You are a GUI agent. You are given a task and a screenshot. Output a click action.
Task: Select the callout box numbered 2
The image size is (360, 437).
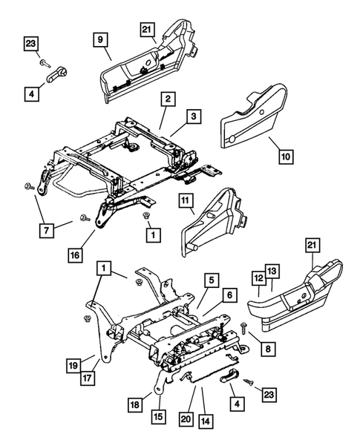point(169,99)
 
